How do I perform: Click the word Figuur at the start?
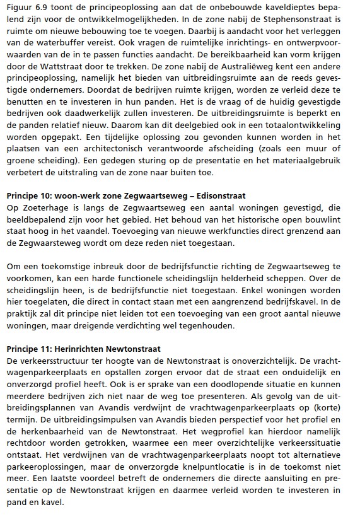click(x=19, y=9)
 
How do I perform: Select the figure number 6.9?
click(x=45, y=9)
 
